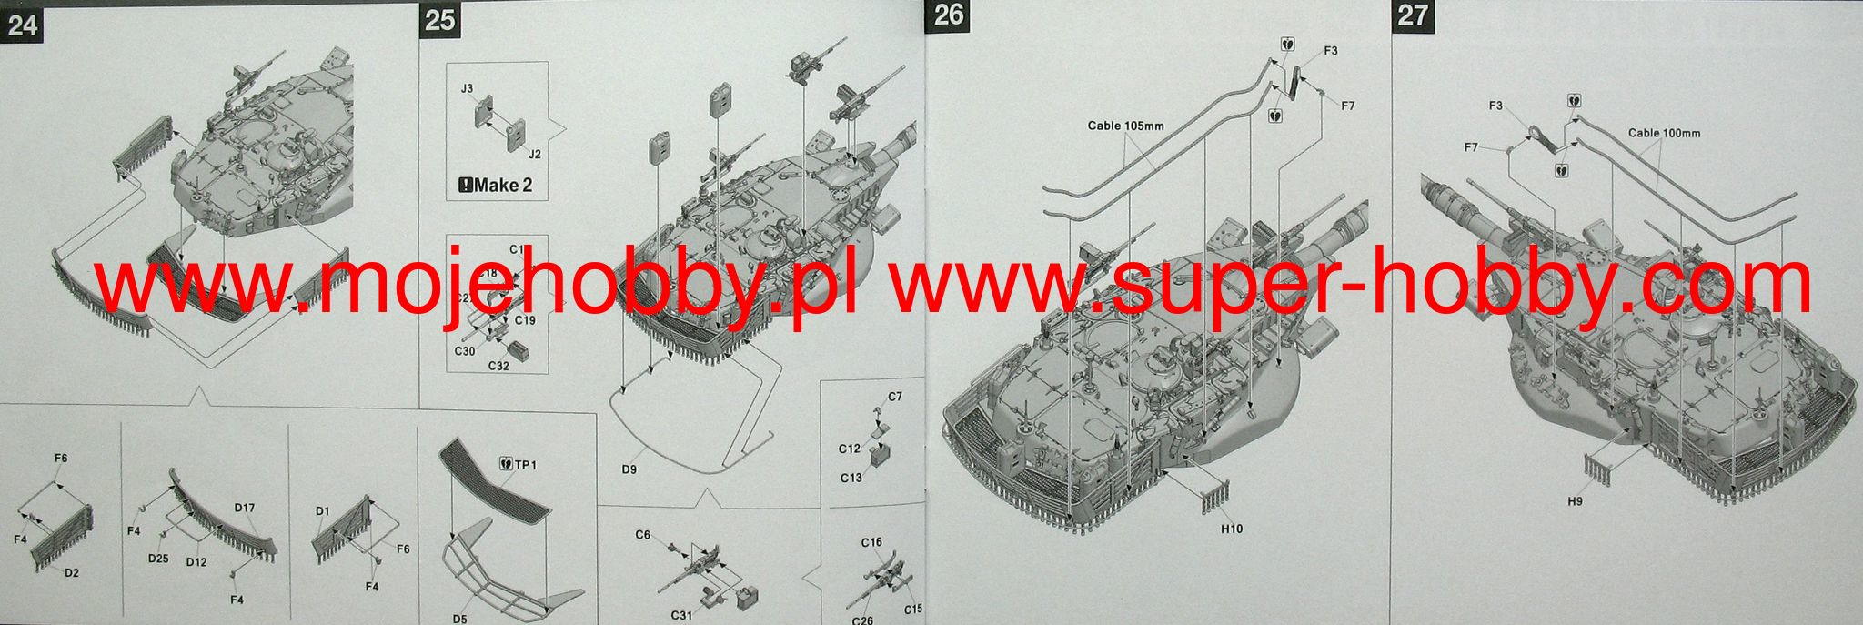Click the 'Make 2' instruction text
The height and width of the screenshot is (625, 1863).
point(496,186)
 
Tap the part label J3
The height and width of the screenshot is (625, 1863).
point(467,88)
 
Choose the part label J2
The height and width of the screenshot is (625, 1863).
point(534,154)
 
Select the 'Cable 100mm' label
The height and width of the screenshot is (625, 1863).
point(1664,133)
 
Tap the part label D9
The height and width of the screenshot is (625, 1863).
point(629,469)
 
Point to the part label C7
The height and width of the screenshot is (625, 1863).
point(895,397)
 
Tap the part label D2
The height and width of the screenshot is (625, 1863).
point(72,572)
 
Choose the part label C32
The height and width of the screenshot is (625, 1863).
point(498,366)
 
